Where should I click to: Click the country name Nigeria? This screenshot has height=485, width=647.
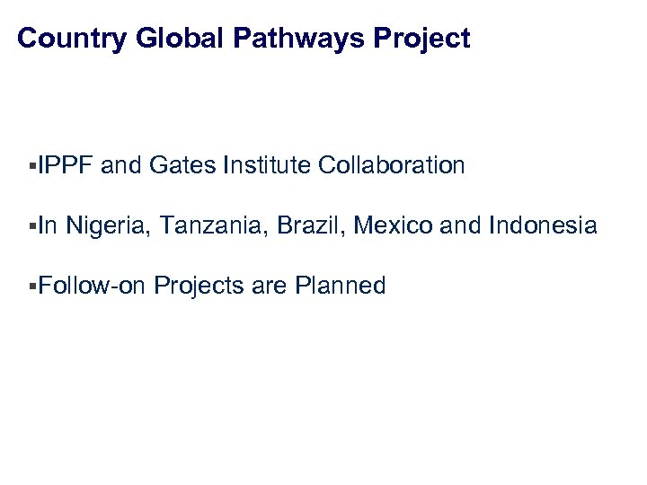pyautogui.click(x=108, y=226)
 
